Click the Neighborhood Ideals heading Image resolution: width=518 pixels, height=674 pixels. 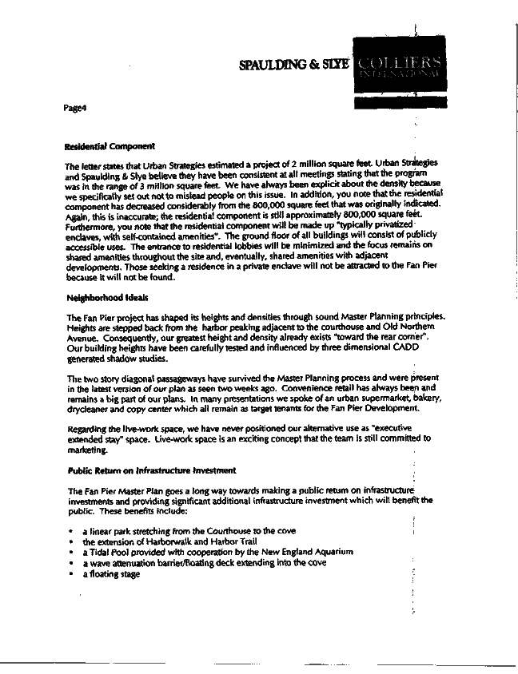tap(102, 298)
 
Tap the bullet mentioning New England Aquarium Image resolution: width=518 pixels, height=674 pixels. tap(217, 552)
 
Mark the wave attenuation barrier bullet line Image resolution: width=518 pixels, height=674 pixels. tap(207, 562)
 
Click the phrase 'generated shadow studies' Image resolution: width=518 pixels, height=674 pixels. tap(117, 359)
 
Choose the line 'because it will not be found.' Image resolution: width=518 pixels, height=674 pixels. tap(119, 279)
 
